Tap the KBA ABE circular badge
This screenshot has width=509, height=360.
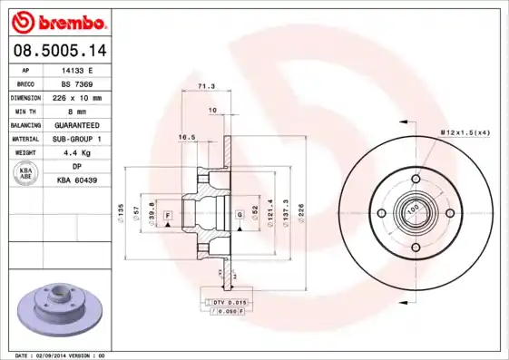tap(25, 173)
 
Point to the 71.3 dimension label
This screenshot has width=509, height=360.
tap(206, 88)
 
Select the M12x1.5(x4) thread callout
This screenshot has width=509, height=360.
tap(465, 132)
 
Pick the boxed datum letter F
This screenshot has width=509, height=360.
tap(168, 214)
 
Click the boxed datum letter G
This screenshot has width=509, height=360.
tap(239, 214)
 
